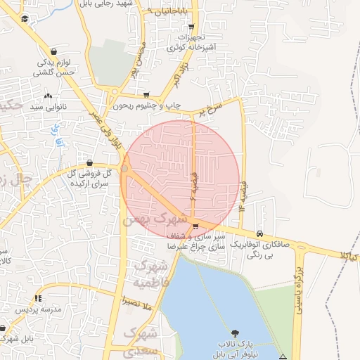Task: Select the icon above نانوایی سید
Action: tap(48, 96)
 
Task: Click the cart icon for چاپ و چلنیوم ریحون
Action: tap(146, 95)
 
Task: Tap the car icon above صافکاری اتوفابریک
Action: tap(260, 233)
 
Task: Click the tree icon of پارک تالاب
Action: tap(234, 332)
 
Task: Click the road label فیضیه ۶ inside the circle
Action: tap(195, 186)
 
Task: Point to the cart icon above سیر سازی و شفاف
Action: tap(195, 226)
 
